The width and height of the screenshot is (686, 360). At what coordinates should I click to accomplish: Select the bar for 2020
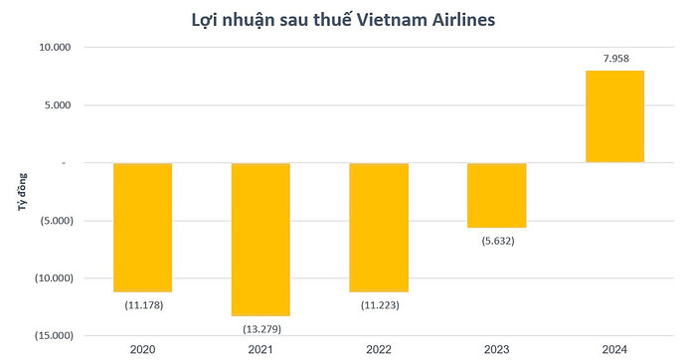(143, 227)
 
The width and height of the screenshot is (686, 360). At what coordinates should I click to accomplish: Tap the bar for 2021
(260, 239)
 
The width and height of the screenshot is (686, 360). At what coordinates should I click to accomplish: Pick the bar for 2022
(379, 227)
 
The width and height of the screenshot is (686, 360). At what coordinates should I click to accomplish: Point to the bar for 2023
(496, 195)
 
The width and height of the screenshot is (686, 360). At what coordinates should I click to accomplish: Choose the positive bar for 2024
(614, 116)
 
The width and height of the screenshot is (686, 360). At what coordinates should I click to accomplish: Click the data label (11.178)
(143, 304)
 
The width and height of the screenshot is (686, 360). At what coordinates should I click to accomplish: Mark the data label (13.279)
(260, 328)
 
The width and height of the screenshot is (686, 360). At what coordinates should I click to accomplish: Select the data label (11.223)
(379, 304)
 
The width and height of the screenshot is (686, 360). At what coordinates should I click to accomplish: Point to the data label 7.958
(614, 59)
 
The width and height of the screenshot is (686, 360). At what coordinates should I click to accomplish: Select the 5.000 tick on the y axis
(58, 105)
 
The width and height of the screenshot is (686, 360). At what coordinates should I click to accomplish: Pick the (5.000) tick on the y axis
(55, 220)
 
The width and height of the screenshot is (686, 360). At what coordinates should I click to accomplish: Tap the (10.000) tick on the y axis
(52, 277)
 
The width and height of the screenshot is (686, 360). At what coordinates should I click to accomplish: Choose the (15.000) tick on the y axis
(52, 335)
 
